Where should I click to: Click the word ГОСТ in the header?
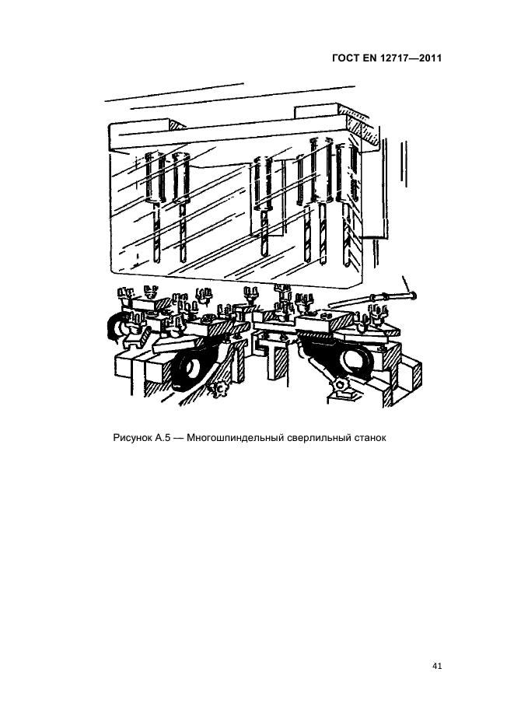pos(346,58)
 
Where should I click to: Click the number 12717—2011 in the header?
pos(412,58)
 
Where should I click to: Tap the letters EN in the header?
pos(372,58)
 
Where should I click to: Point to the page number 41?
pos(437,667)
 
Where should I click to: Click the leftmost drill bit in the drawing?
pos(157,232)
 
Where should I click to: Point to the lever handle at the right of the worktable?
pos(372,298)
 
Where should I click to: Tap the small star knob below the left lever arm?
pos(217,387)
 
